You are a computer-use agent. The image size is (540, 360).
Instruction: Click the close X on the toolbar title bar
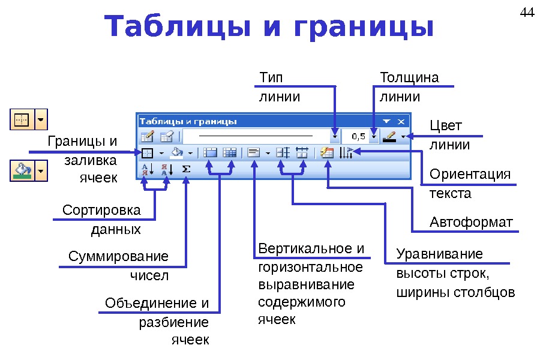pyautogui.click(x=401, y=120)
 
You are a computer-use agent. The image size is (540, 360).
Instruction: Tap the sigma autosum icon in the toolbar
pyautogui.click(x=186, y=169)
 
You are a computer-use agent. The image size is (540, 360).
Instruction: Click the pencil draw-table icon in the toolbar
pyautogui.click(x=148, y=136)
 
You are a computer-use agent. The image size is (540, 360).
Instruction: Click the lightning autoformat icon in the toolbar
pyautogui.click(x=327, y=153)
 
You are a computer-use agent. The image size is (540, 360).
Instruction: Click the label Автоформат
pyautogui.click(x=472, y=223)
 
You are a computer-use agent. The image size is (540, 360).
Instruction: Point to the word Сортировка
pyautogui.click(x=101, y=211)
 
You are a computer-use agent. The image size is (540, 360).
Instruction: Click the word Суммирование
pyautogui.click(x=118, y=257)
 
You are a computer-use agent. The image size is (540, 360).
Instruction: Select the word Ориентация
pyautogui.click(x=470, y=174)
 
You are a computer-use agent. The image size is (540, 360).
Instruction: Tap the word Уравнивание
pyautogui.click(x=439, y=254)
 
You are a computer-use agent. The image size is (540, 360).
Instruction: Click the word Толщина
pyautogui.click(x=409, y=78)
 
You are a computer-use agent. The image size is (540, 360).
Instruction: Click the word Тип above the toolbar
pyautogui.click(x=271, y=78)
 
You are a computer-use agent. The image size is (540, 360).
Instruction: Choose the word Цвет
pyautogui.click(x=446, y=125)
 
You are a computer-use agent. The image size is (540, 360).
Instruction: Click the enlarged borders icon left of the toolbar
pyautogui.click(x=22, y=119)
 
